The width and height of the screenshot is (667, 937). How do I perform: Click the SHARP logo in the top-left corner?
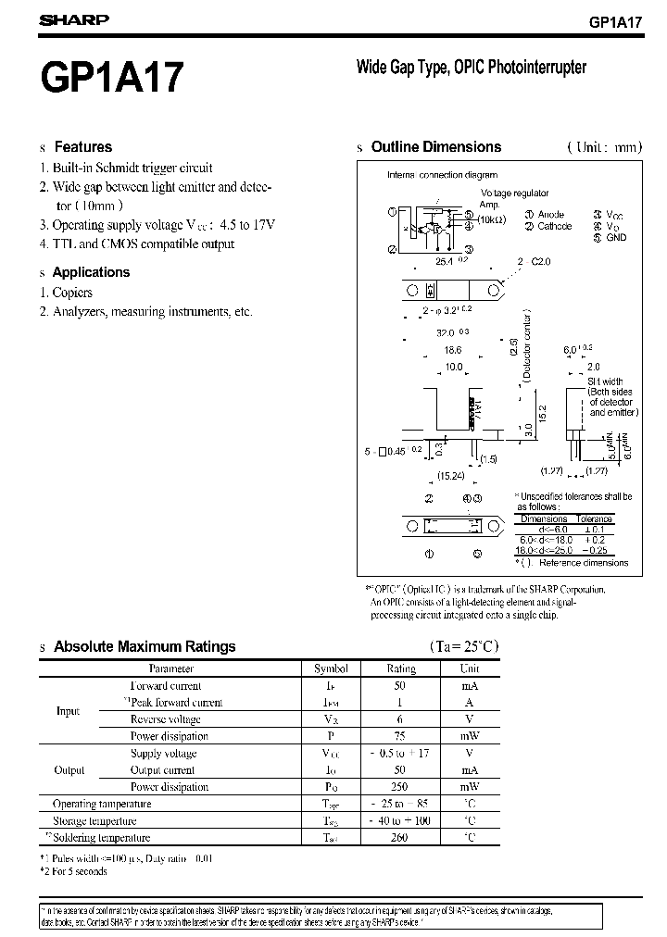click(x=74, y=19)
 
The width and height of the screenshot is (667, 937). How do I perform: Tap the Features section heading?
click(x=82, y=146)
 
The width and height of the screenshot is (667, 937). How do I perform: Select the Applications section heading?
click(x=91, y=272)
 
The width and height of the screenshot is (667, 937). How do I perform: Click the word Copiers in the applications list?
click(x=72, y=293)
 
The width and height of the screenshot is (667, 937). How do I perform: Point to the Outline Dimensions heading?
click(x=435, y=146)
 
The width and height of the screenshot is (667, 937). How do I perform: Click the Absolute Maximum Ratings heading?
click(x=145, y=646)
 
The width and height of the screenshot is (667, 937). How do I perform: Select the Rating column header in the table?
click(x=401, y=668)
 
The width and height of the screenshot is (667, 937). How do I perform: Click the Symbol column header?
click(x=331, y=668)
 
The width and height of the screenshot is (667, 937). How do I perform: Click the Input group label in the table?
click(x=69, y=711)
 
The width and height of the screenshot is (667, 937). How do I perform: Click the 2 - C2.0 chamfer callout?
click(x=535, y=262)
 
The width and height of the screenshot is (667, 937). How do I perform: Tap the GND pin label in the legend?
click(x=617, y=237)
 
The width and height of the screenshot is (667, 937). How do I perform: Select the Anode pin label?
click(x=550, y=215)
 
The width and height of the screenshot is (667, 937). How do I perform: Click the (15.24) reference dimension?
click(x=451, y=477)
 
